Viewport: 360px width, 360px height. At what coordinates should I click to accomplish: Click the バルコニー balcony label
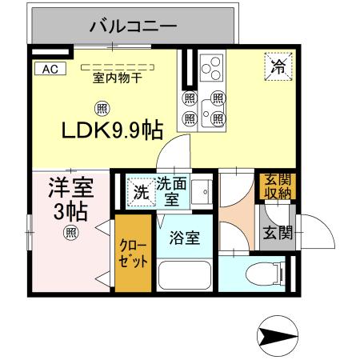[x=134, y=26]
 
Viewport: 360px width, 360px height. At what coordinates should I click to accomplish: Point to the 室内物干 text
[x=116, y=78]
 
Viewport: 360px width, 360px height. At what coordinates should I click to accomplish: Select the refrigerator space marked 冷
[x=278, y=66]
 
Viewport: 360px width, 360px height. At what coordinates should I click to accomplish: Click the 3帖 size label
[x=70, y=213]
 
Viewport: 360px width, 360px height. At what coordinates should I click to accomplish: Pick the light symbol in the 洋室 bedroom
[x=70, y=234]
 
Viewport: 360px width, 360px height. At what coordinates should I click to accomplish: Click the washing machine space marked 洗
[x=141, y=192]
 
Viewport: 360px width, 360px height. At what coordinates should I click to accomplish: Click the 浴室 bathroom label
[x=184, y=238]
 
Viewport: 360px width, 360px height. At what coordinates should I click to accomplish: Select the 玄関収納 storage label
[x=274, y=186]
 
